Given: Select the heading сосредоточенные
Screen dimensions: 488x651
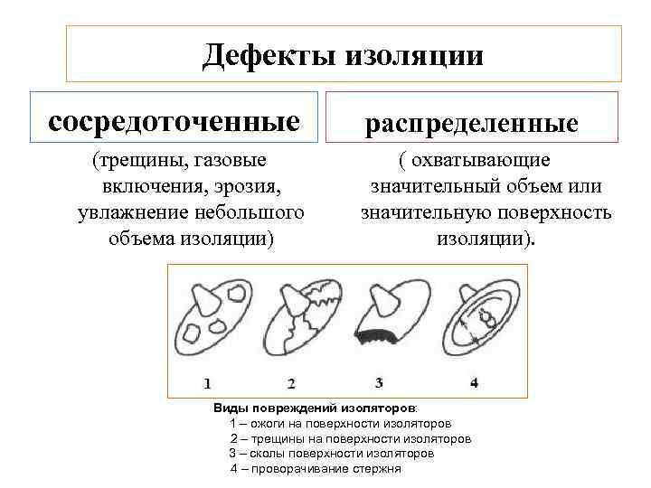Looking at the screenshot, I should (175, 120).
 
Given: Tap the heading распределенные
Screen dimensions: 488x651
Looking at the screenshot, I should (471, 124).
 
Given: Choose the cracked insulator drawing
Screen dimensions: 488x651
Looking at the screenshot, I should (300, 323).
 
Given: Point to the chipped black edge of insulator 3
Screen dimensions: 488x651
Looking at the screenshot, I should (380, 337).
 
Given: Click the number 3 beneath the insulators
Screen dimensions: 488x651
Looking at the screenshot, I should (380, 381).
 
